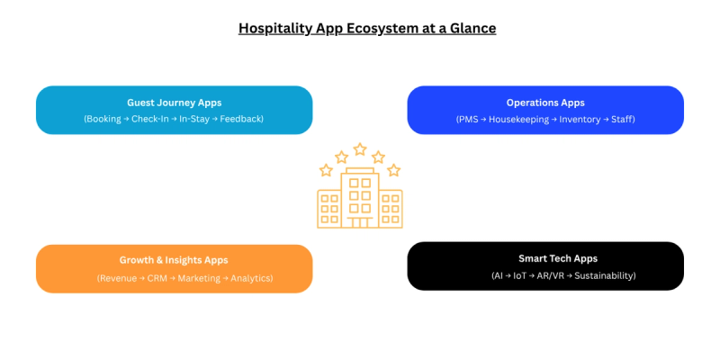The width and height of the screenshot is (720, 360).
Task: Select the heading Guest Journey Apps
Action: pos(174,103)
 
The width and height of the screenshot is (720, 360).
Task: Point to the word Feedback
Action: pos(239,119)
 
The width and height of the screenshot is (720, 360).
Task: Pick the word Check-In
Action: pos(152,119)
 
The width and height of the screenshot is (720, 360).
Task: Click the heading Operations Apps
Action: pos(545,103)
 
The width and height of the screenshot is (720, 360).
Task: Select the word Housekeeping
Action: pos(518,119)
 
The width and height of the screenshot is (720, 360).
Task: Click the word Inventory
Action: pos(580,119)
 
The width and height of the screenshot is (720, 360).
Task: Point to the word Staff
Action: pos(623,119)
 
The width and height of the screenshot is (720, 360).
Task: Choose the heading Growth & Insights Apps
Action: pos(174,260)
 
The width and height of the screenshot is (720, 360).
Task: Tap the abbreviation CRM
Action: pos(158,278)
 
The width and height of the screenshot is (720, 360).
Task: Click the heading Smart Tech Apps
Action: pos(545,258)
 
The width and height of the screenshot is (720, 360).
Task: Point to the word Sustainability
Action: pos(605,275)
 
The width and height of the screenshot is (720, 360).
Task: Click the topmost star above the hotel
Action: pos(360,148)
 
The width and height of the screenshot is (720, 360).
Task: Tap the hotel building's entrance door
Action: pos(360,221)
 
